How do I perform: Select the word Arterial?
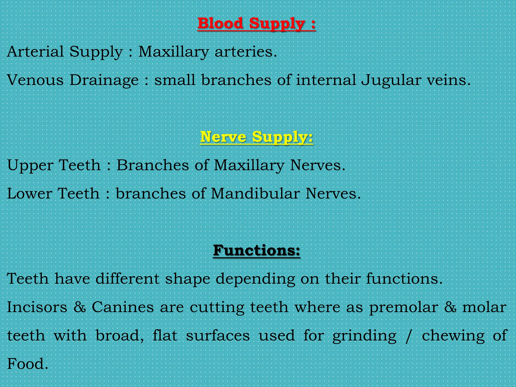click(35, 52)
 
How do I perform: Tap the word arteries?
click(245, 52)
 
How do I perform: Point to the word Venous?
click(35, 80)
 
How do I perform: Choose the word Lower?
click(29, 194)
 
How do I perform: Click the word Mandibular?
click(255, 194)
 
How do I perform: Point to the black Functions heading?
click(256, 250)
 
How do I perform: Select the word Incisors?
click(37, 307)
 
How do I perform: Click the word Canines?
click(123, 307)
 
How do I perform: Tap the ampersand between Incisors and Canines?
click(80, 307)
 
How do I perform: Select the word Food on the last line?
click(27, 364)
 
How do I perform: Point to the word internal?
click(326, 80)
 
